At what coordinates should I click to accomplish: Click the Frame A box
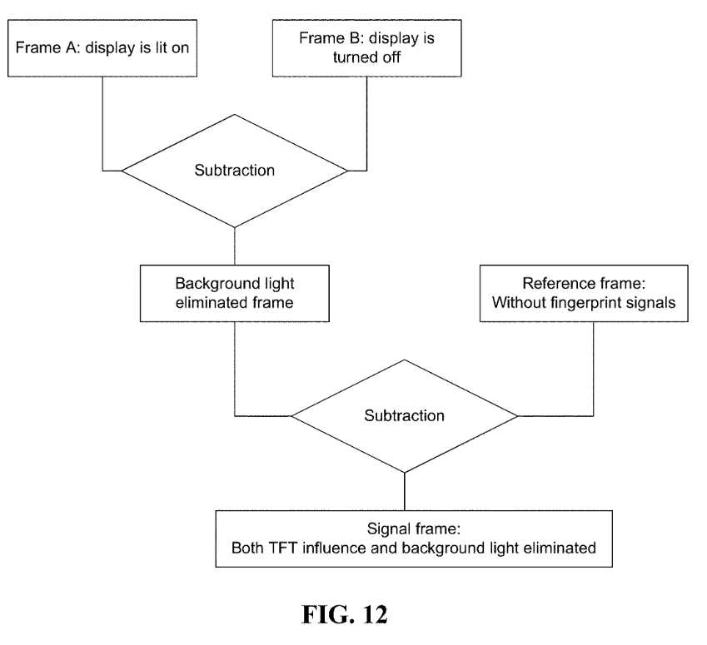(102, 48)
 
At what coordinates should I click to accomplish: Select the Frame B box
(367, 48)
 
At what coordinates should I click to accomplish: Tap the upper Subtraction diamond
(235, 171)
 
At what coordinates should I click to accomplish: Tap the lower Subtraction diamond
(405, 416)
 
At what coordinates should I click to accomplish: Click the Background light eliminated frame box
(235, 294)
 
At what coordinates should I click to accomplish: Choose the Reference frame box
(584, 294)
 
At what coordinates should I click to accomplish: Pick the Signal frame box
(414, 538)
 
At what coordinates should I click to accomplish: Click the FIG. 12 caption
(345, 614)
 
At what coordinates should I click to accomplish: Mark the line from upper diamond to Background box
(235, 246)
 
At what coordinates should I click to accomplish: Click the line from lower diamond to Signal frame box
(405, 492)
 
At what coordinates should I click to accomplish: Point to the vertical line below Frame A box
(102, 124)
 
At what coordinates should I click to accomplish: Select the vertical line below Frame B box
(367, 124)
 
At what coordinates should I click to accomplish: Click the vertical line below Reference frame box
(594, 370)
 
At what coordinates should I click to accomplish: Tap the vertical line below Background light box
(235, 370)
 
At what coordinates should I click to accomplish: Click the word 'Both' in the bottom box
(247, 548)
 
